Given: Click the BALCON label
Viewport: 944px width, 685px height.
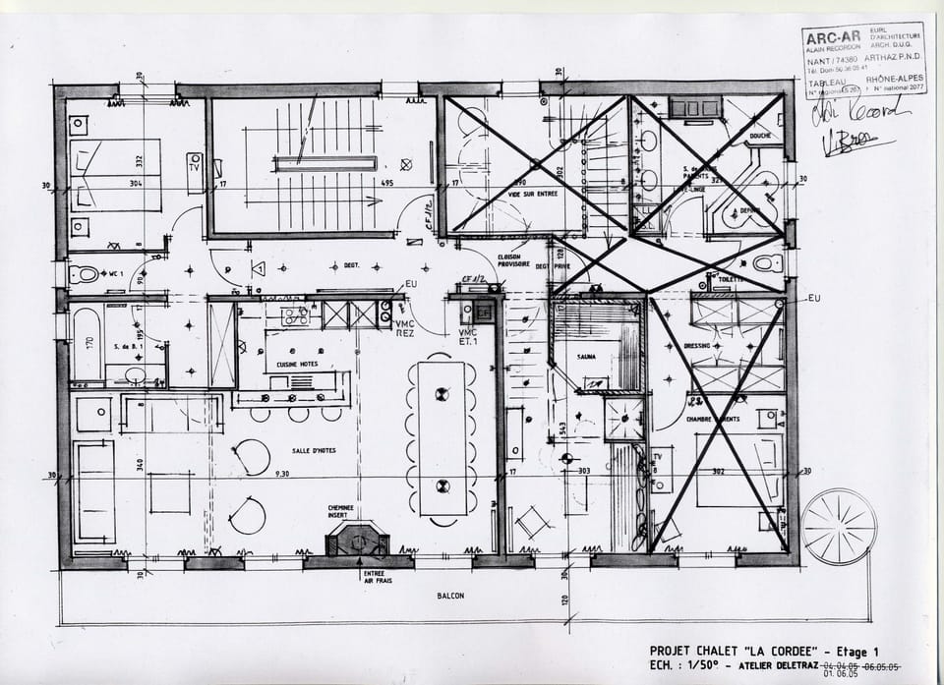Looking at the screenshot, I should click(451, 596).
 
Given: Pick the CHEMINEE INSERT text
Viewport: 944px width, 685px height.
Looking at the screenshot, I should click(342, 512).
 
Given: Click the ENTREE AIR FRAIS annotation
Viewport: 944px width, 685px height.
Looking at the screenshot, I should click(374, 578).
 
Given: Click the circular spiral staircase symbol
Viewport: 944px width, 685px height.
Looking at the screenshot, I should click(838, 526).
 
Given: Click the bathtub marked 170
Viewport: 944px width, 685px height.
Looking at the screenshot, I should click(88, 344).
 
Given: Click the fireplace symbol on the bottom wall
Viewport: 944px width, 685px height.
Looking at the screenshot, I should click(357, 539).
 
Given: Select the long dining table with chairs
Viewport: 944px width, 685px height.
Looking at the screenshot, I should click(442, 438).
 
